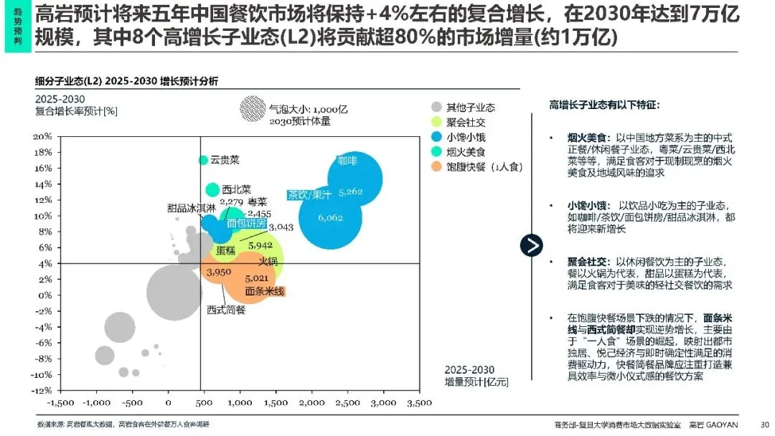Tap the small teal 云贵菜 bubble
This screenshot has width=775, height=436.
coord(203,160)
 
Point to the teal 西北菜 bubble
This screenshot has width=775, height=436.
coord(212,189)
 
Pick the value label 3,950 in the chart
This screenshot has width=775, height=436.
coord(218,272)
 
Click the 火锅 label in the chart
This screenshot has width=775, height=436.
coord(268,262)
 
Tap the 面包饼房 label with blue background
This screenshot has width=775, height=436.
coord(246,223)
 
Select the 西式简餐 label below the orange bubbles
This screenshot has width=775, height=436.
coord(226,310)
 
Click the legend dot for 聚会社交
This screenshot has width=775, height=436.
coord(436,122)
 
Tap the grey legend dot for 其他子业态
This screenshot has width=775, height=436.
coord(436,107)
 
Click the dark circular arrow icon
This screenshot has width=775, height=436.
coord(531,245)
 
